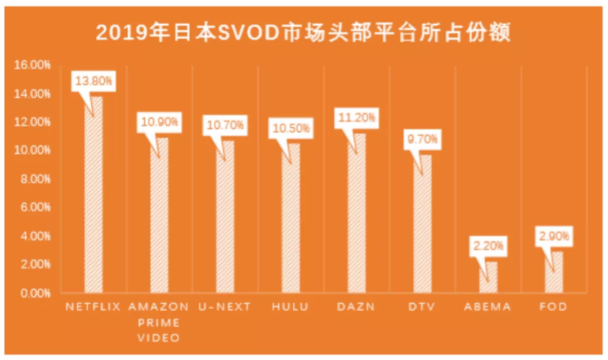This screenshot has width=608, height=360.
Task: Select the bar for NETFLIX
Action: tap(93, 197)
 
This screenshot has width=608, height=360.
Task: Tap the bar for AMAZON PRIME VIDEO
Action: tap(159, 217)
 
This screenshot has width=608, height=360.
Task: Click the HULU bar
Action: tap(290, 219)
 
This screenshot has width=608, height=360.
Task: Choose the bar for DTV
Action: tap(422, 225)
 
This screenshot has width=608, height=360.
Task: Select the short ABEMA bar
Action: tap(488, 278)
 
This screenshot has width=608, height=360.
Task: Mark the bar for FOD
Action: tap(554, 273)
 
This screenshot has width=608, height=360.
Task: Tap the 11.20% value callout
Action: tap(356, 118)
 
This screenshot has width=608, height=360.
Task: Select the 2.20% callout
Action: tap(488, 246)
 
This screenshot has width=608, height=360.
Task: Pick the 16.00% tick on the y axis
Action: tap(33, 65)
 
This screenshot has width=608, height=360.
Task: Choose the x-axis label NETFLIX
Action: tap(93, 307)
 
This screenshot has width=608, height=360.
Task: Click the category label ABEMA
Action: tap(488, 307)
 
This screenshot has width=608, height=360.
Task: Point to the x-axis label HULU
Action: tap(290, 307)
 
